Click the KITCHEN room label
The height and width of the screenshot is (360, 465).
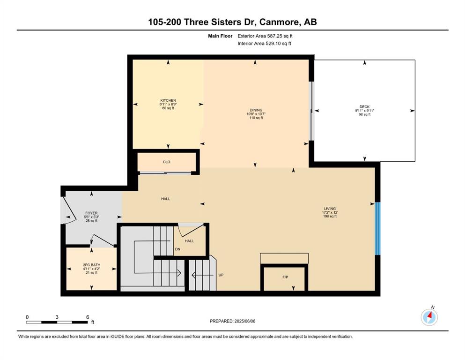coord(168,100)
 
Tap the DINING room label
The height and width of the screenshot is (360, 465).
coord(256,110)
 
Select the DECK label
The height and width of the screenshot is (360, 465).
coord(364,107)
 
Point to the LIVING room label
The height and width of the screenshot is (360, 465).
coord(330,209)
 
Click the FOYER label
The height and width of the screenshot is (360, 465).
coord(91,213)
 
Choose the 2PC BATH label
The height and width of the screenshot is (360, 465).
coord(92,265)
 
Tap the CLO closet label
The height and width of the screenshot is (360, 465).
coord(166,162)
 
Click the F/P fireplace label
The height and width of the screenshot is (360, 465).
coord(285,277)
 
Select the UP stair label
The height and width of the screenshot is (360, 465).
coord(221,275)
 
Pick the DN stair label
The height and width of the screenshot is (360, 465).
coord(177,249)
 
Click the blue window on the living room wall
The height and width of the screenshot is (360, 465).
coord(377,228)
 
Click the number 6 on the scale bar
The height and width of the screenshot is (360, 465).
coord(88,317)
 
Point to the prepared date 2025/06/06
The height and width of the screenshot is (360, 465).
coord(244,321)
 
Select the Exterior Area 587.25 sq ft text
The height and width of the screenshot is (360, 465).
coord(265,36)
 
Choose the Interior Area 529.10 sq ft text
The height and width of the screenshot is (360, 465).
coord(264,43)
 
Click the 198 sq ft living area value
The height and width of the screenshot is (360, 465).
coord(330,217)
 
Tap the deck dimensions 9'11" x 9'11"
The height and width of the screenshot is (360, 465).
coord(364,111)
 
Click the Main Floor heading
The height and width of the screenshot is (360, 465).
coord(220,36)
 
